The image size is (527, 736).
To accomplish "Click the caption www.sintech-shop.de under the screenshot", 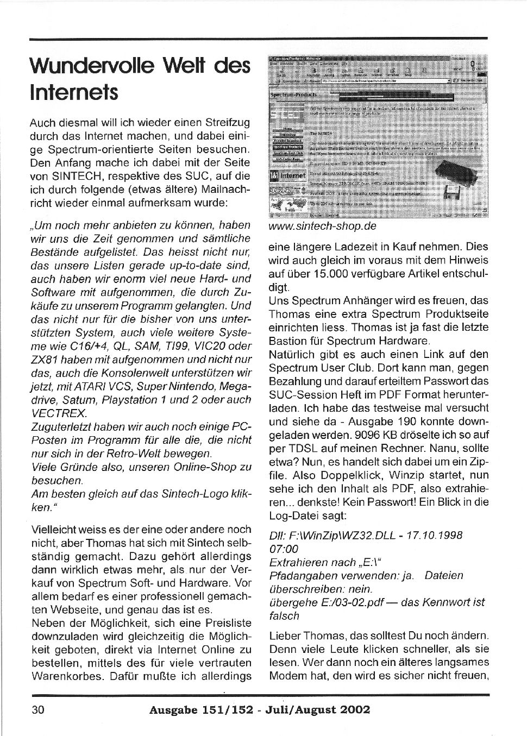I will point(322,226).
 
